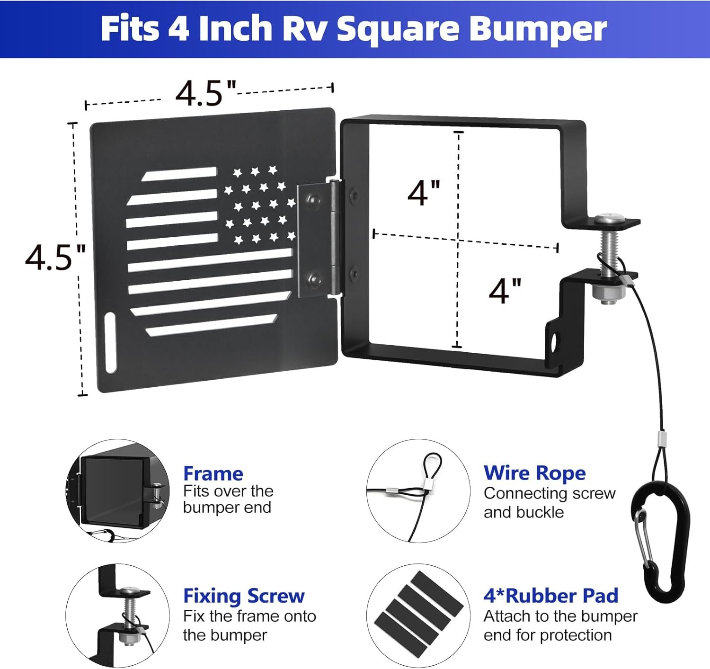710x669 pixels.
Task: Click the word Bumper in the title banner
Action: (x=538, y=30)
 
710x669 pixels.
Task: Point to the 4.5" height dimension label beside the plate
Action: (x=55, y=257)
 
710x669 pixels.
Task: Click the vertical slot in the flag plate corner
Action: (x=110, y=343)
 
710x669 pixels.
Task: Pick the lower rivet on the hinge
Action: (x=314, y=277)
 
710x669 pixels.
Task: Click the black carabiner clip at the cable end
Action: (x=660, y=541)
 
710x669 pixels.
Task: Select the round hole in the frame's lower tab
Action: (x=554, y=343)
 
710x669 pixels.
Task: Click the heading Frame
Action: (x=213, y=473)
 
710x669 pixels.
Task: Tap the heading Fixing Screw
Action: (x=244, y=596)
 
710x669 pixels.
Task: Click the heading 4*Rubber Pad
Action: (x=551, y=596)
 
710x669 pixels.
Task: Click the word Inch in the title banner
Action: (x=236, y=29)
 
